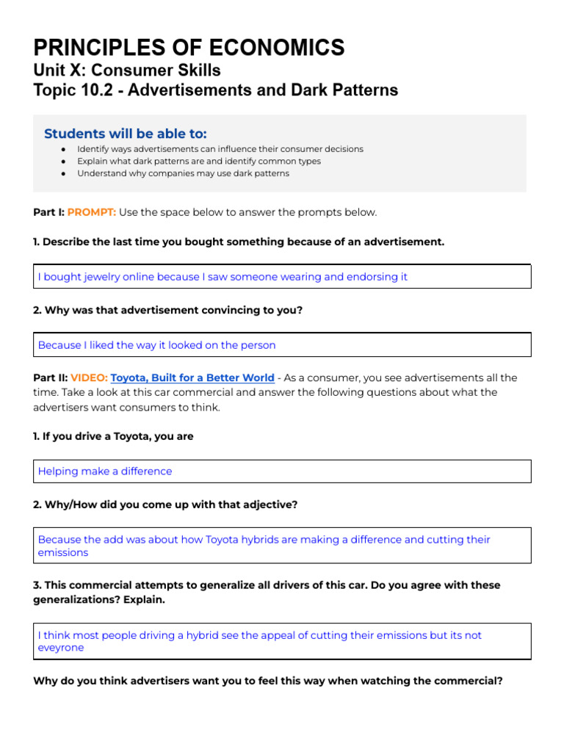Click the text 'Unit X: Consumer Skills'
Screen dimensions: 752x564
coord(126,70)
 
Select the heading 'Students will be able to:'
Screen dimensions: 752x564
coord(125,133)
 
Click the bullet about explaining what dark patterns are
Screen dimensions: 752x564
coord(198,161)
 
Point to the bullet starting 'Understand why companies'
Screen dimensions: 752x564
coord(183,173)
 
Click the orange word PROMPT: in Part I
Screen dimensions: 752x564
coord(91,212)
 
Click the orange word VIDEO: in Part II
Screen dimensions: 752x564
coord(88,377)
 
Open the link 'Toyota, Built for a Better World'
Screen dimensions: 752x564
coord(192,377)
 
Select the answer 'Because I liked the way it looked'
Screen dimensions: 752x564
coord(156,344)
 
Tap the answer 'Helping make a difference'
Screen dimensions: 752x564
coord(105,471)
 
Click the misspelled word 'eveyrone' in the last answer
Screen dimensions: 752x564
coord(61,648)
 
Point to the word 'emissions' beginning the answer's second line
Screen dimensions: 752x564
coord(63,552)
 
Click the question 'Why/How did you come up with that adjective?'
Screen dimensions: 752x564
coord(165,505)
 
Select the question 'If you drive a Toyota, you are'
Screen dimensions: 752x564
coord(113,436)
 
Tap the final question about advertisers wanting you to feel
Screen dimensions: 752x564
coord(268,681)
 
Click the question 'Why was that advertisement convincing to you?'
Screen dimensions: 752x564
coord(167,310)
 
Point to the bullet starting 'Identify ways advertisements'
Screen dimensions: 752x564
coord(220,148)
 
